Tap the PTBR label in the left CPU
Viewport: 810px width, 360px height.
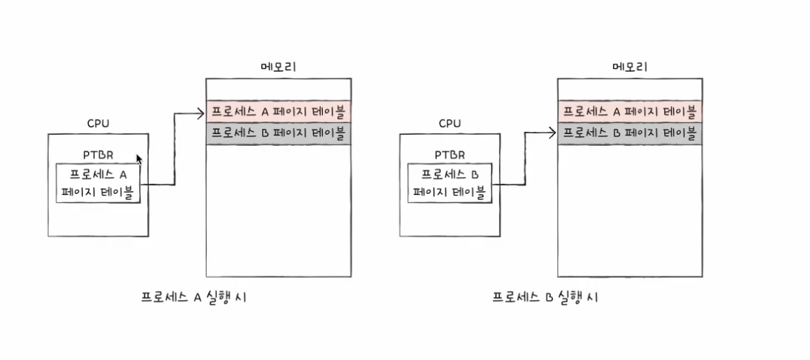click(98, 155)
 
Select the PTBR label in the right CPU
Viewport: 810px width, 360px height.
click(450, 155)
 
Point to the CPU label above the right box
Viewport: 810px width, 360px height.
click(449, 124)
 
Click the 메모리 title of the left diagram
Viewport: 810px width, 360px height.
click(278, 67)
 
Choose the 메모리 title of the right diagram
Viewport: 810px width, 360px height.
click(630, 67)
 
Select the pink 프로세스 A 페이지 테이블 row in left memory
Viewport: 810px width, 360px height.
click(278, 113)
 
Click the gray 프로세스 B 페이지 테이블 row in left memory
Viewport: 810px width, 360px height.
click(278, 134)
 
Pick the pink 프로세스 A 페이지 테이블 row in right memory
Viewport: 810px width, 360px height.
click(630, 113)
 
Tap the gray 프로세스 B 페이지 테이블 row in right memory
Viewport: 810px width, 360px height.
click(630, 134)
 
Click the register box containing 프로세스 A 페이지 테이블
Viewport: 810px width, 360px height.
click(98, 184)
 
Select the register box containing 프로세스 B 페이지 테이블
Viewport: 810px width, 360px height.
click(450, 184)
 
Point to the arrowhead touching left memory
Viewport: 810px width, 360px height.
click(201, 113)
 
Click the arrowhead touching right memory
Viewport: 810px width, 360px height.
click(552, 133)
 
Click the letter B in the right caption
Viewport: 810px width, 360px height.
click(549, 298)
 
